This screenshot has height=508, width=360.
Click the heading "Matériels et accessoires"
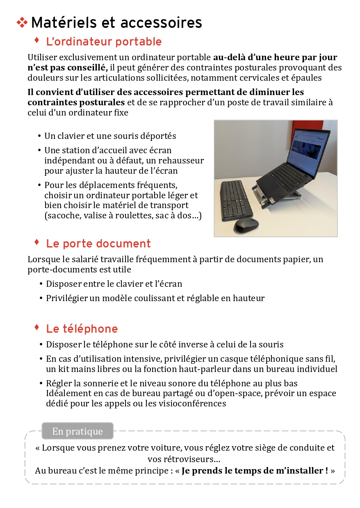[x=116, y=23]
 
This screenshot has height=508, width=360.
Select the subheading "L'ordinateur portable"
[x=104, y=42]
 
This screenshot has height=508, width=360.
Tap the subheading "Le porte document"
[x=98, y=244]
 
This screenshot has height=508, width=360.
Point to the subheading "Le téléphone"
[x=82, y=329]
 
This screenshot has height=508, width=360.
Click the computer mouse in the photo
[x=246, y=225]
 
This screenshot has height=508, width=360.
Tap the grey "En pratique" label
[x=77, y=431]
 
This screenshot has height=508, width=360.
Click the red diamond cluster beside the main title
[x=22, y=23]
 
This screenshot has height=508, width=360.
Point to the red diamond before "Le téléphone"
[x=36, y=327]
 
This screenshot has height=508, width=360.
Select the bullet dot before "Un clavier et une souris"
[x=39, y=136]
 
